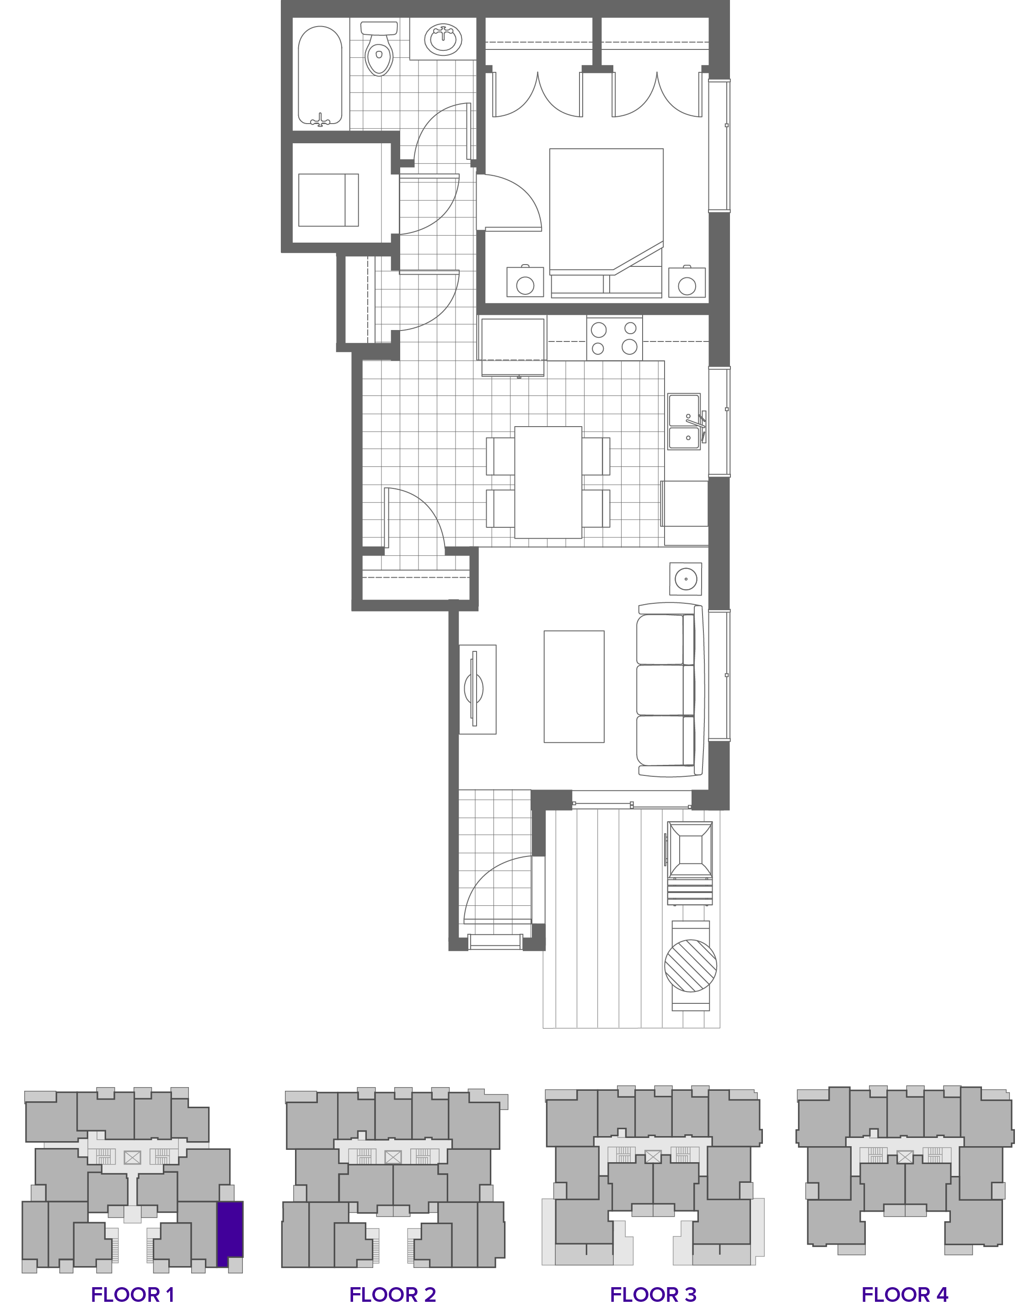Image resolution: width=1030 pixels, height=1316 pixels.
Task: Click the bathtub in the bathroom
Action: click(320, 76)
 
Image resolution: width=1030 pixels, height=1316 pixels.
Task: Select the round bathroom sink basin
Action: click(443, 39)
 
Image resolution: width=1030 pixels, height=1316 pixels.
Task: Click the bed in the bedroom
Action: click(606, 217)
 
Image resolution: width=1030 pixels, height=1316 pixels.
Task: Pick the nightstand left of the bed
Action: click(525, 282)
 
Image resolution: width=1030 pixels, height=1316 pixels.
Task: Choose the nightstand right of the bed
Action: click(687, 282)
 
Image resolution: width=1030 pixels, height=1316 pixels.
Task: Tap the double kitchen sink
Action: click(684, 422)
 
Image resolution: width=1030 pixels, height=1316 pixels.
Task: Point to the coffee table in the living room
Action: click(574, 686)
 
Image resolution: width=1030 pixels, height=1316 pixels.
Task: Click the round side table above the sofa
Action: click(686, 579)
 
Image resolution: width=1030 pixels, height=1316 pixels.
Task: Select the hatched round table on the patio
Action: click(691, 966)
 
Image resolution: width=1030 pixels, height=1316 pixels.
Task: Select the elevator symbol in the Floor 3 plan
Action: click(653, 1157)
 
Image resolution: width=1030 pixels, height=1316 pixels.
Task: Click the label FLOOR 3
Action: click(653, 1294)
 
